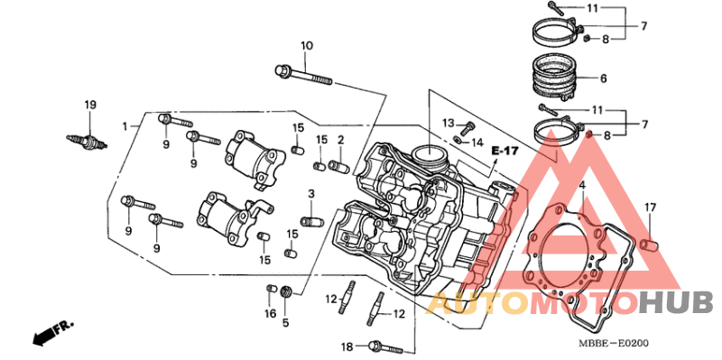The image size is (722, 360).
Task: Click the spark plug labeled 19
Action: (87, 142)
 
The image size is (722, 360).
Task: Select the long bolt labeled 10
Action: (303, 76)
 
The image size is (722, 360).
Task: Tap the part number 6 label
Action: (603, 78)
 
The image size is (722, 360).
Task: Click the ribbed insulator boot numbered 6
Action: (554, 78)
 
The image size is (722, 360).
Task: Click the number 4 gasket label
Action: (582, 186)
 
